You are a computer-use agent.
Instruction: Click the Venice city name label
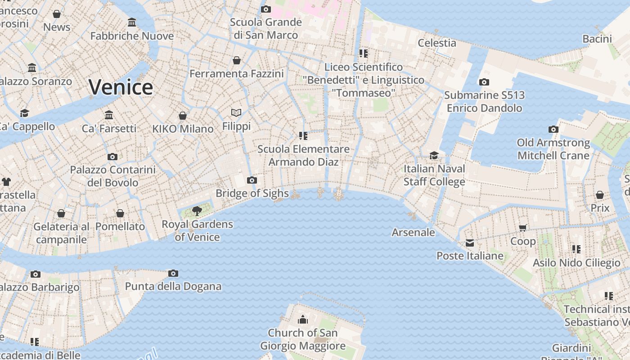pos(121,87)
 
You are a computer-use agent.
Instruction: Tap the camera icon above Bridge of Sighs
pos(252,180)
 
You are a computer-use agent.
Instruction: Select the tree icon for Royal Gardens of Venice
pos(197,211)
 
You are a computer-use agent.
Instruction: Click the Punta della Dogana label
pos(173,286)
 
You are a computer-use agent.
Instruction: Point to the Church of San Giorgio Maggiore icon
pos(303,319)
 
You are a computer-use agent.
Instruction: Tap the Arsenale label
pos(413,232)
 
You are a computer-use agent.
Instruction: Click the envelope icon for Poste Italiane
pos(470,243)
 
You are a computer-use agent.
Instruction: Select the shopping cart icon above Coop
pos(523,228)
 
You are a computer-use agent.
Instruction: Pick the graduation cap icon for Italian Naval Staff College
pos(434,156)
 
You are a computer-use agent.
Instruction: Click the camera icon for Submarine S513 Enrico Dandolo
pos(484,82)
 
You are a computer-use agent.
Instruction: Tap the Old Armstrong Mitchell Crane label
pos(553,149)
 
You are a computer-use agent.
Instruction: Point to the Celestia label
pos(437,43)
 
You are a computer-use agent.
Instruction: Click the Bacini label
pos(597,39)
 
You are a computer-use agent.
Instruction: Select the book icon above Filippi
pos(236,112)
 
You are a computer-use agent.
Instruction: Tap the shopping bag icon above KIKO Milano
pos(183,116)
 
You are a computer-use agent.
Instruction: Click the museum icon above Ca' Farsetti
pos(109,115)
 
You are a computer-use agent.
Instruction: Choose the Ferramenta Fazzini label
pos(237,73)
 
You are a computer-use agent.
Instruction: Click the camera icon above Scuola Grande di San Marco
pos(266,9)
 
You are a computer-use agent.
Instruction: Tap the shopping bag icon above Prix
pos(600,195)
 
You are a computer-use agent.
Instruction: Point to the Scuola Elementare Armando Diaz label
pos(303,155)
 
